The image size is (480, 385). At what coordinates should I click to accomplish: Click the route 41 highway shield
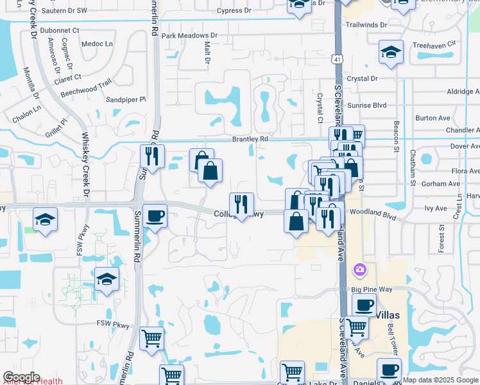pos(336,60)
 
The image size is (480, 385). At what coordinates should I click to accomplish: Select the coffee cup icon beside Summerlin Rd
pos(155,216)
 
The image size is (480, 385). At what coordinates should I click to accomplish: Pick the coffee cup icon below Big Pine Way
pos(364,305)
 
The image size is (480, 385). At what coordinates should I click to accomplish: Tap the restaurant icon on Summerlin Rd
pos(152,156)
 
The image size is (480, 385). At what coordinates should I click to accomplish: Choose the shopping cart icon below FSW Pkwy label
pos(151,338)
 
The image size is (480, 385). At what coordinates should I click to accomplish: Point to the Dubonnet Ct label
pos(59,30)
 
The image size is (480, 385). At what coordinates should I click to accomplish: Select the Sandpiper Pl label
pos(126,99)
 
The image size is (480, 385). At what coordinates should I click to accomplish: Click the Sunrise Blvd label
pos(367,105)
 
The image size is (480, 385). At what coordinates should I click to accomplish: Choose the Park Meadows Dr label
pos(189,36)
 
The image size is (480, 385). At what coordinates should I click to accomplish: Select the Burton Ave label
pos(433,118)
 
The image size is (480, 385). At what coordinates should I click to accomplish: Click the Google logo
pos(21,377)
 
